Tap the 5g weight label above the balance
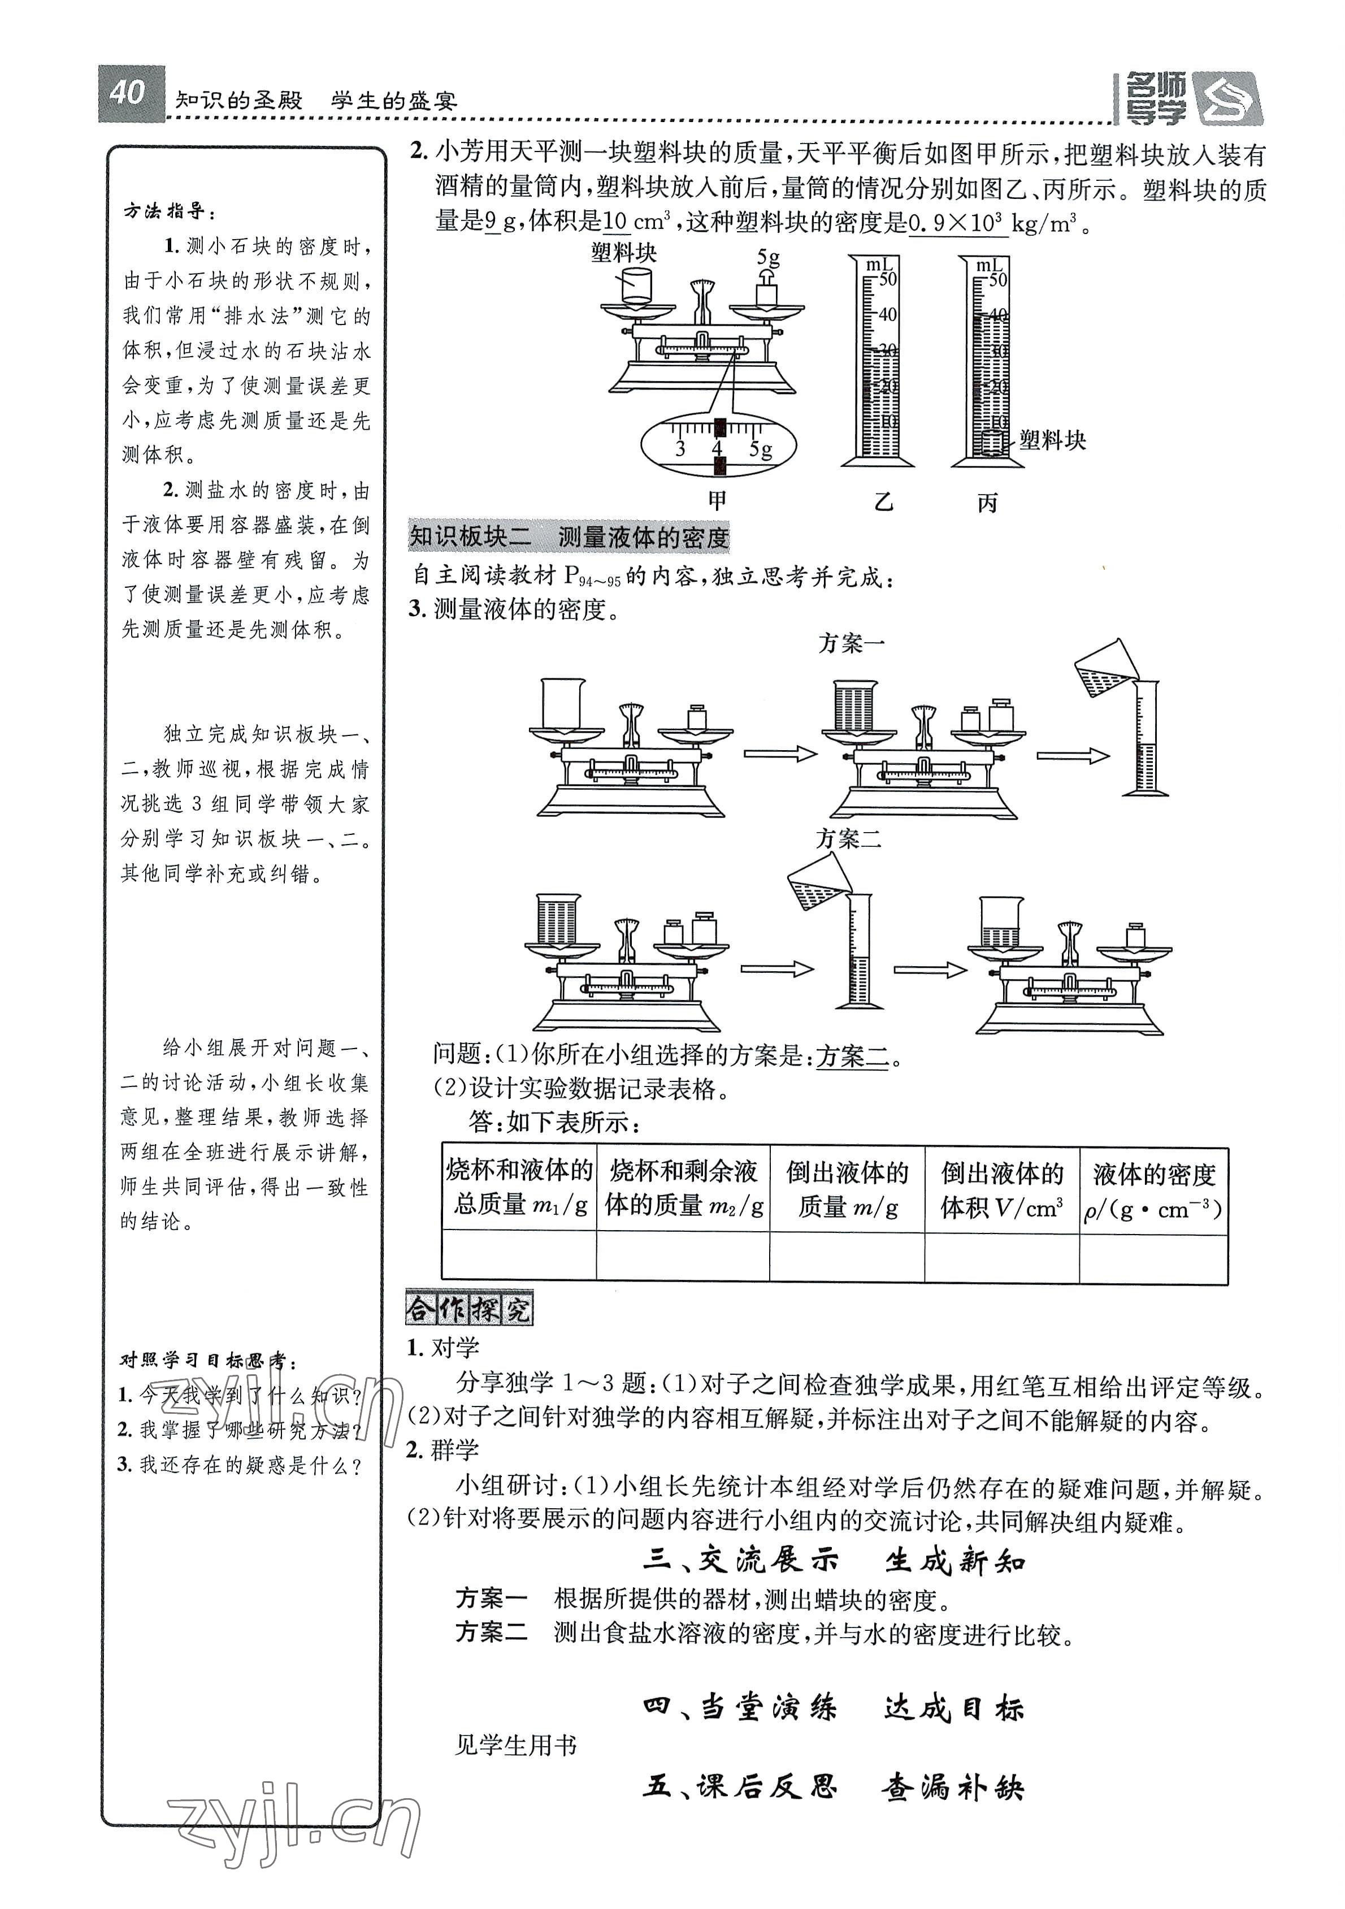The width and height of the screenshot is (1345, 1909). point(768,258)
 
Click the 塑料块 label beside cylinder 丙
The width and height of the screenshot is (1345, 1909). point(1052,441)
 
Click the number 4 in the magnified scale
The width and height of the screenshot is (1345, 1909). point(717,450)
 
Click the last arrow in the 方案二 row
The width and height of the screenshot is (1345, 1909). point(930,969)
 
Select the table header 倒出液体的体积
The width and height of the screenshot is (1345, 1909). point(1001,1191)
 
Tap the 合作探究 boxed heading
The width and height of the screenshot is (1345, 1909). point(469,1310)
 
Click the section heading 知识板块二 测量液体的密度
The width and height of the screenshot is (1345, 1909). point(570,537)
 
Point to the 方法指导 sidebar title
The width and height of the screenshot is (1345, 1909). point(169,211)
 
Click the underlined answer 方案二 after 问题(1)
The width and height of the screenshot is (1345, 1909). point(852,1057)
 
